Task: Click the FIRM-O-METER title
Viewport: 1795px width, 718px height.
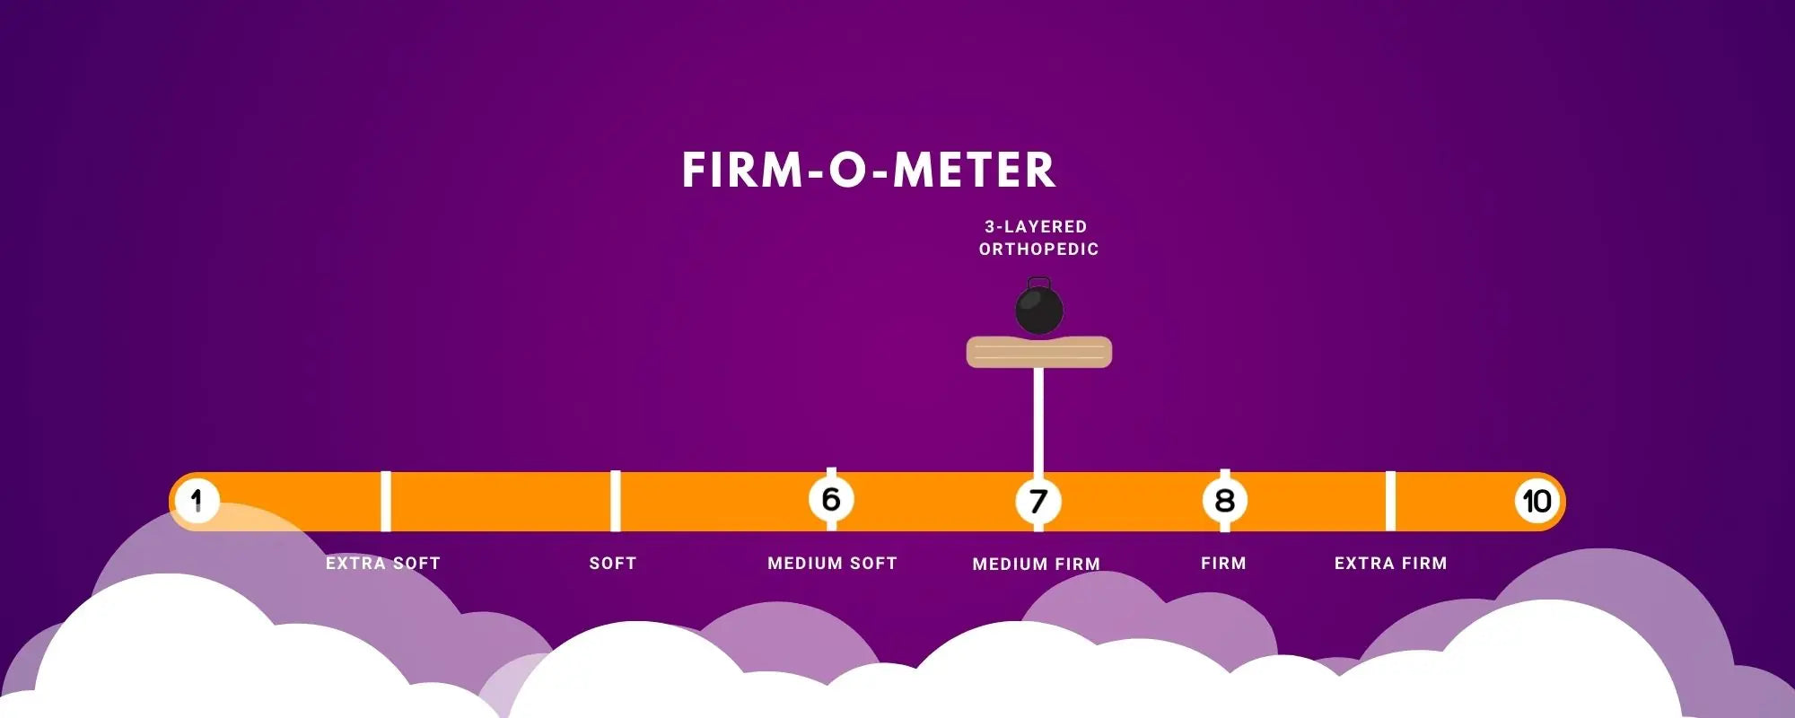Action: pyautogui.click(x=869, y=170)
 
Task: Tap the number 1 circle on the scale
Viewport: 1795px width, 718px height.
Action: pyautogui.click(x=197, y=500)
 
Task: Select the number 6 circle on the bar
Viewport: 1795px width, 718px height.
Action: pyautogui.click(x=831, y=499)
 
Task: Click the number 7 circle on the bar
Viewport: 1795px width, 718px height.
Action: pyautogui.click(x=1038, y=501)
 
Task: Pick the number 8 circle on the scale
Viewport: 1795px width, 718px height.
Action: pyautogui.click(x=1225, y=501)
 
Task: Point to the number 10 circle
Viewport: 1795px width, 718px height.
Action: pyautogui.click(x=1537, y=501)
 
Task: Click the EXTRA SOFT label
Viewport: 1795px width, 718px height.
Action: pyautogui.click(x=383, y=564)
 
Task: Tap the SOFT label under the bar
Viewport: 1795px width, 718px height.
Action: pyautogui.click(x=613, y=564)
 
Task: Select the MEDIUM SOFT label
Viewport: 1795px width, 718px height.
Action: pyautogui.click(x=832, y=564)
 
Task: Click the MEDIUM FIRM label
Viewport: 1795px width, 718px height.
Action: pyautogui.click(x=1037, y=565)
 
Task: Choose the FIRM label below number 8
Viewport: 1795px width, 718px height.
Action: pyautogui.click(x=1223, y=564)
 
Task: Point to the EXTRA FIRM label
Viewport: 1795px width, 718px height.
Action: pyautogui.click(x=1390, y=564)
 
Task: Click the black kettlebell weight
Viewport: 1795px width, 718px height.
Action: pyautogui.click(x=1039, y=308)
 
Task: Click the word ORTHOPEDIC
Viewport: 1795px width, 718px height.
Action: pyautogui.click(x=1039, y=250)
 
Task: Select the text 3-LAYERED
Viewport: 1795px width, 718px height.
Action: pyautogui.click(x=1036, y=227)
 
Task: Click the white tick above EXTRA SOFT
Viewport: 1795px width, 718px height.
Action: pyautogui.click(x=386, y=500)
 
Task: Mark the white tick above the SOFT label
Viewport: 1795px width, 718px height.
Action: pyautogui.click(x=616, y=500)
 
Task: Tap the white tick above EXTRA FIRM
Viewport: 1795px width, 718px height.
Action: pyautogui.click(x=1390, y=500)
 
